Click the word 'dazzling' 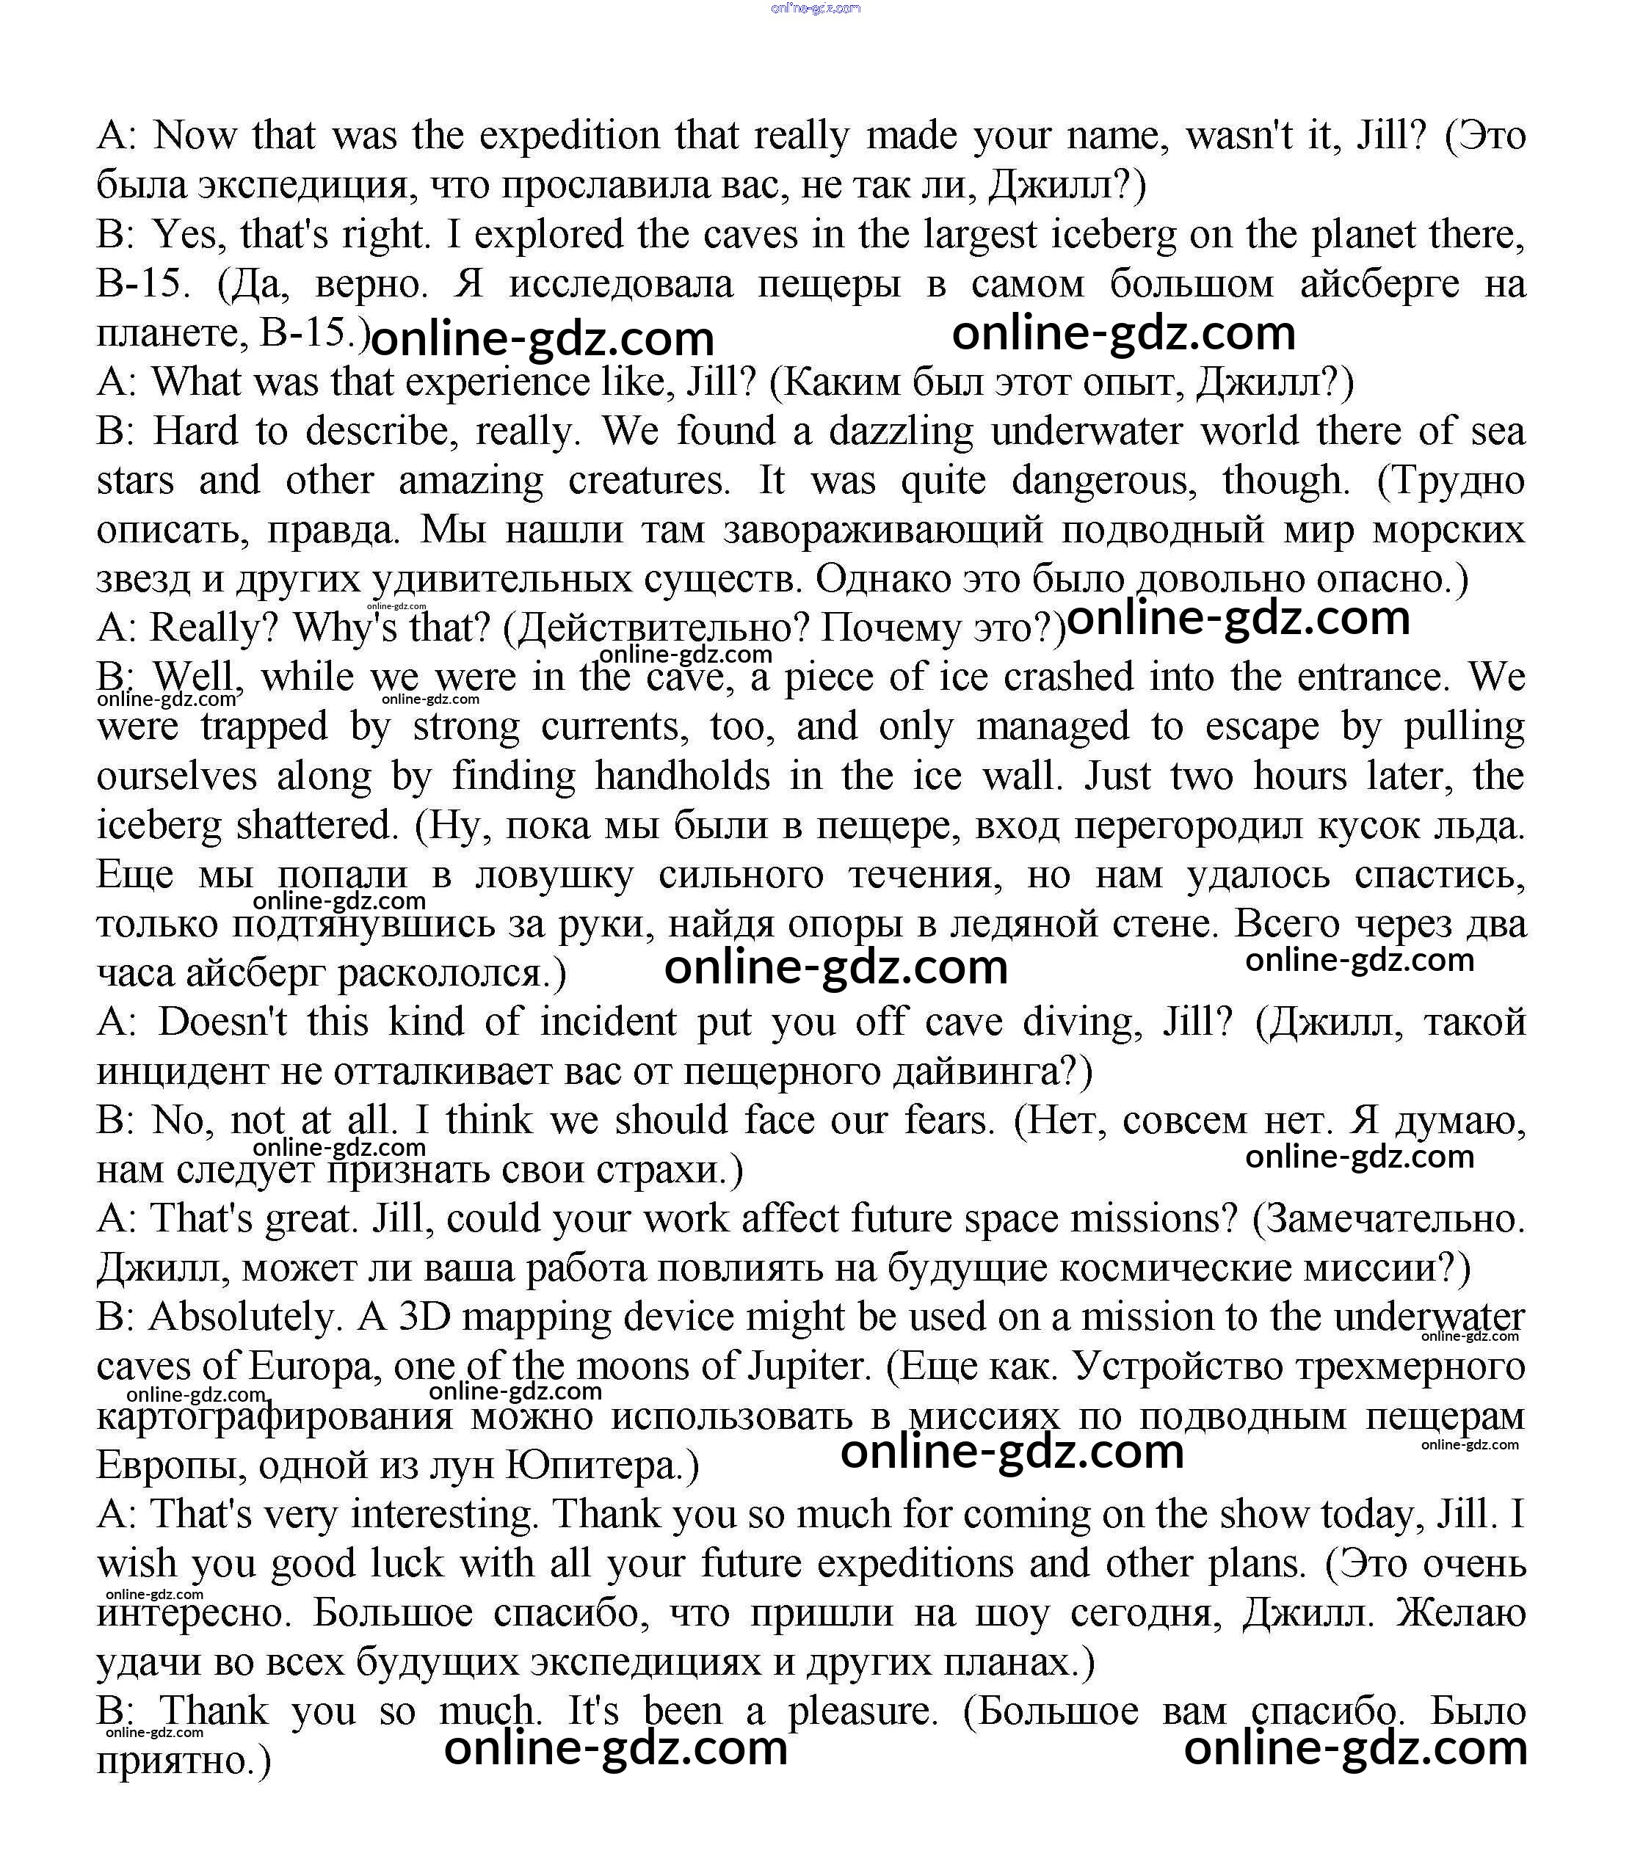click(x=900, y=432)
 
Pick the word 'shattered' click(x=317, y=826)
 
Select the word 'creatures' click(x=648, y=481)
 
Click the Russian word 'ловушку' click(x=554, y=875)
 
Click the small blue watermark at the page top click(x=815, y=8)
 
